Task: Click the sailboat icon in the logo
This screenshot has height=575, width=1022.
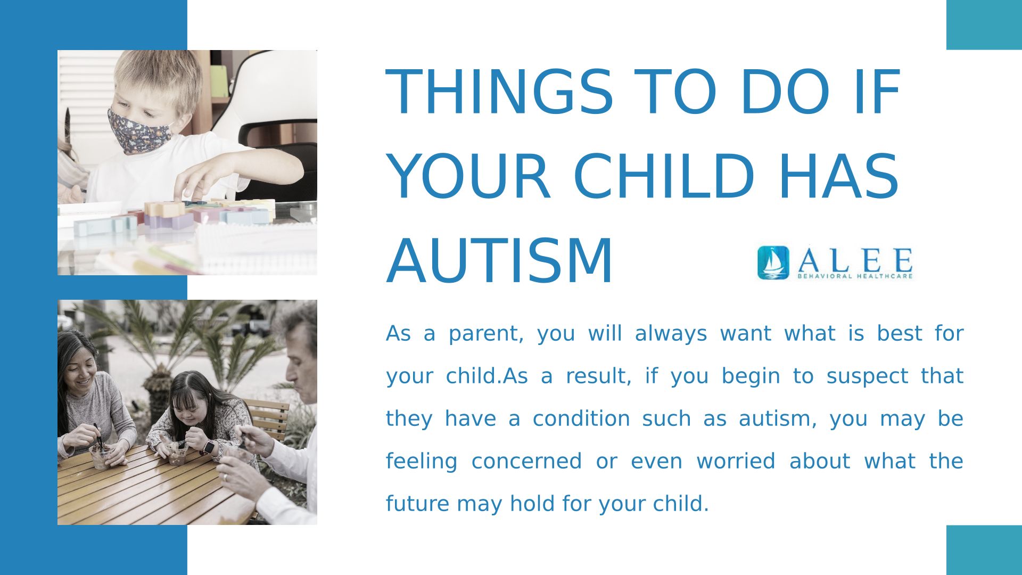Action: [x=773, y=262]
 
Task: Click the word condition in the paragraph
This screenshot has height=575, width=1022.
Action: [x=581, y=419]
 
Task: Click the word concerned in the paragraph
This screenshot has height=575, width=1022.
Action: [x=526, y=462]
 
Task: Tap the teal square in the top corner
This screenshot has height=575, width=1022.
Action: [x=984, y=24]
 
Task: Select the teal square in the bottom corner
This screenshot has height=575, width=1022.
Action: [x=984, y=550]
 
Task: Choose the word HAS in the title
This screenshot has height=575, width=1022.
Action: [x=839, y=177]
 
